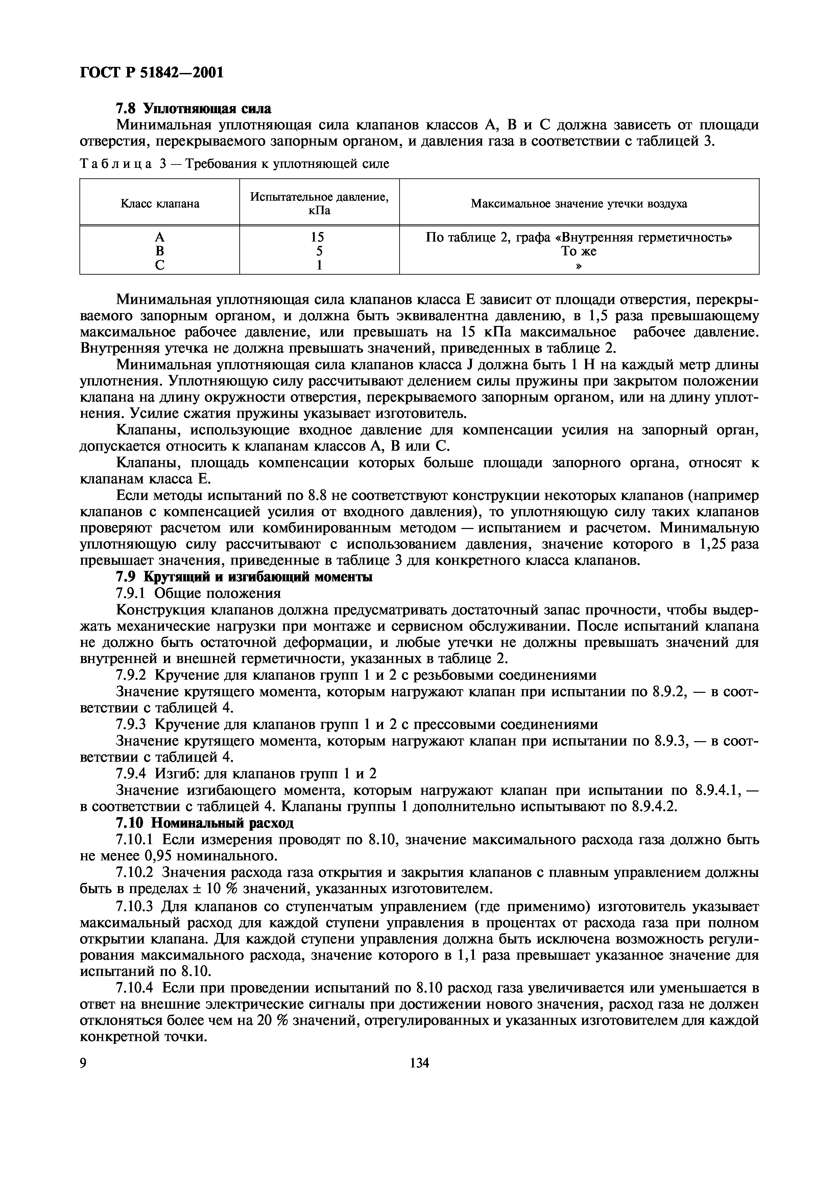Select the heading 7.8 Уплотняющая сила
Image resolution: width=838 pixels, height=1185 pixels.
193,109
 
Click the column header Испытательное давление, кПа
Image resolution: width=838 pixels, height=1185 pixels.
319,203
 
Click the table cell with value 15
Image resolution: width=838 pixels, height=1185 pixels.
317,237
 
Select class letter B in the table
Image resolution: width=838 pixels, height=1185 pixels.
160,251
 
